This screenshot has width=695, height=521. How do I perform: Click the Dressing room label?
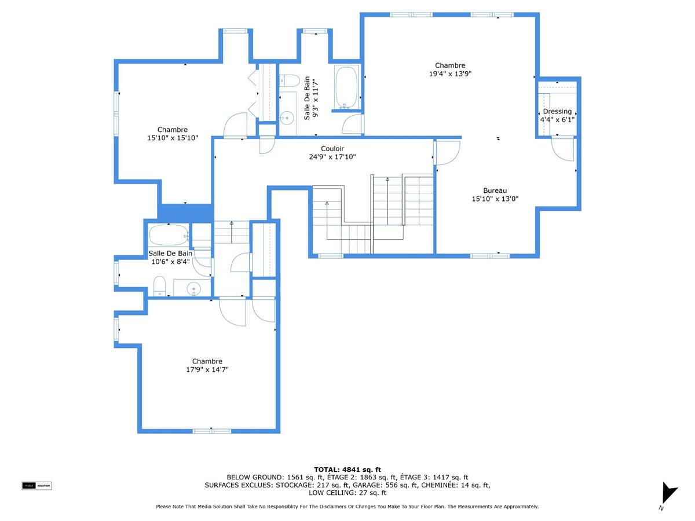pos(557,112)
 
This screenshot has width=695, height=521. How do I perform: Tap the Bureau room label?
pos(495,190)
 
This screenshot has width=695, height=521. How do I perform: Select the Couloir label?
pos(332,149)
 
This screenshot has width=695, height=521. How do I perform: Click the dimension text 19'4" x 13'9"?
pos(450,74)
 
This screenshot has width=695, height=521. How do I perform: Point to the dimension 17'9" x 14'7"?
pos(207,369)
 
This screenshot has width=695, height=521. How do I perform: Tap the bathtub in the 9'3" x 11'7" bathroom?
pos(347,87)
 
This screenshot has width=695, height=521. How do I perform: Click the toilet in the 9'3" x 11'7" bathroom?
pos(288,80)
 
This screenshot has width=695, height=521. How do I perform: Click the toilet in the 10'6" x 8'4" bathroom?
pos(160,286)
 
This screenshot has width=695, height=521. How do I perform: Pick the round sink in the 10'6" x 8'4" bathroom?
pos(193,288)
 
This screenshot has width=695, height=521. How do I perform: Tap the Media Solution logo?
pos(36,486)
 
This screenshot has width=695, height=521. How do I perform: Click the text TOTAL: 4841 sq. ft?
pos(347,469)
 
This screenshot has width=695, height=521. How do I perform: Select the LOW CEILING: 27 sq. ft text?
pos(347,493)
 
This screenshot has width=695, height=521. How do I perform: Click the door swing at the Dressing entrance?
pos(563,148)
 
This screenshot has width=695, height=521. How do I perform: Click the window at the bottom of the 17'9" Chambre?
pos(211,431)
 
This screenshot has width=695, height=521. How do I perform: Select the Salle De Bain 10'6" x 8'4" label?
pos(170,258)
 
